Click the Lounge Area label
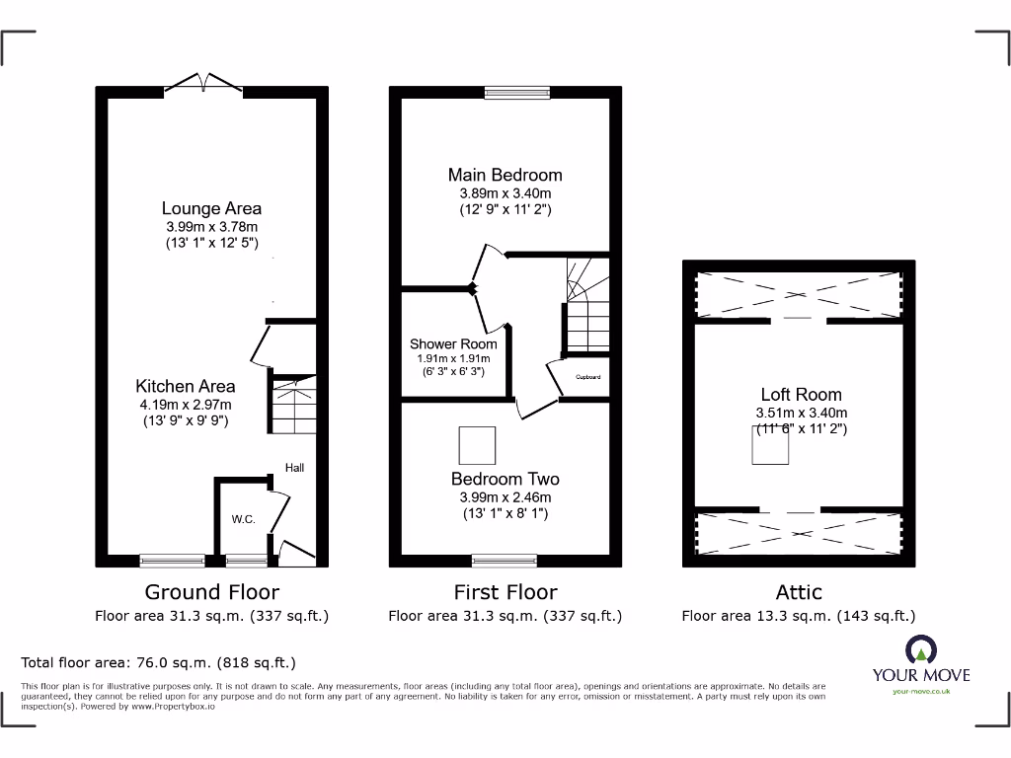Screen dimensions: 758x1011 (211, 208)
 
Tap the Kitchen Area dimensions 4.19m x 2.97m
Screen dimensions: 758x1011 (186, 404)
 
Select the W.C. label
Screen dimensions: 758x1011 (244, 519)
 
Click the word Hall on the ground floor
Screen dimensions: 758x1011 (294, 468)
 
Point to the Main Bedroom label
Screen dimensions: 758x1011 (505, 175)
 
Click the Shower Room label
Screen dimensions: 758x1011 (453, 343)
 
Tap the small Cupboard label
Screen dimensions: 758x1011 (587, 378)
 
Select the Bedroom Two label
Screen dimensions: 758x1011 (505, 479)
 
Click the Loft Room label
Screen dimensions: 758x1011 (801, 394)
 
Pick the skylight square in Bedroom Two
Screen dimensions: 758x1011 (478, 444)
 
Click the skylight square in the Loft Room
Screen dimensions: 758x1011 (771, 448)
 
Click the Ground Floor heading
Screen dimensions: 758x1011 (211, 592)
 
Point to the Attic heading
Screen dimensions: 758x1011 (798, 592)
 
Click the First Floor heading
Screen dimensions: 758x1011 (505, 592)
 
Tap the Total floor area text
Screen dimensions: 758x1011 (158, 663)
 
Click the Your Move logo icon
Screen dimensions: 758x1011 (920, 649)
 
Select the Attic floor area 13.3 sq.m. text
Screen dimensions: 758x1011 (798, 616)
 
